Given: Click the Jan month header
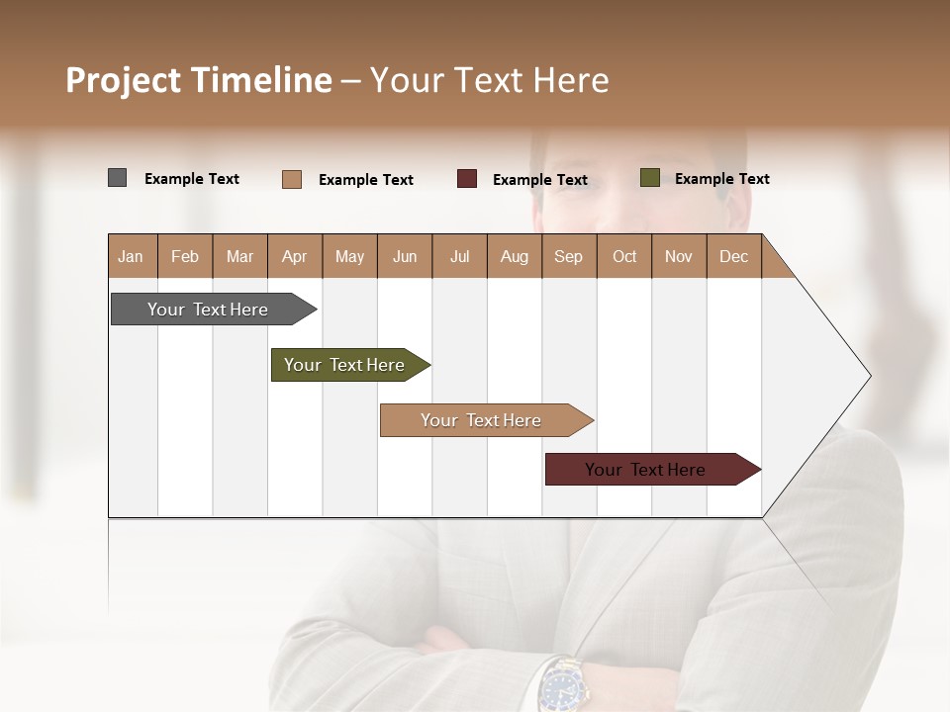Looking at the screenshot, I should (131, 256).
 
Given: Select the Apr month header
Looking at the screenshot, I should (294, 256).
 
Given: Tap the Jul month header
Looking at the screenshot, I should (459, 256).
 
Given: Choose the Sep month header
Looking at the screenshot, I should (568, 256).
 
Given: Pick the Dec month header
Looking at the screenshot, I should (733, 256).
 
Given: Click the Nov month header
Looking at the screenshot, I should (678, 256).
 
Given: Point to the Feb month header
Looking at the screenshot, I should (185, 256).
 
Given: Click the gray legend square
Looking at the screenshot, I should (117, 178).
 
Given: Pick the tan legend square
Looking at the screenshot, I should (291, 179).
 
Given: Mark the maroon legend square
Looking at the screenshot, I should (467, 179).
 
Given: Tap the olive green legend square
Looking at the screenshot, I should (649, 178).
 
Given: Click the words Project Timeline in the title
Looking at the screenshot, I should (198, 80).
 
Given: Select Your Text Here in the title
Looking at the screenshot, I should (489, 80).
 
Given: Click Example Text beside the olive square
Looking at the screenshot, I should (721, 179).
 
